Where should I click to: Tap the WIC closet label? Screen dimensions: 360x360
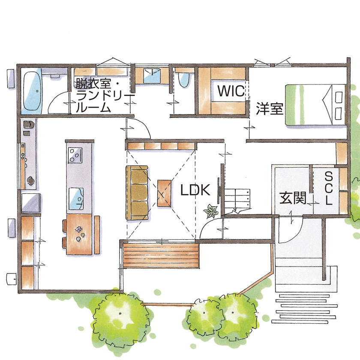point(230,91)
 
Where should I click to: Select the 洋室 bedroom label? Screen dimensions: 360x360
point(270,108)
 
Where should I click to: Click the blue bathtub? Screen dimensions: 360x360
point(32,90)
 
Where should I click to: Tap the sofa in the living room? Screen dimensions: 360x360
point(137,193)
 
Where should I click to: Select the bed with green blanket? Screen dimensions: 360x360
point(315,105)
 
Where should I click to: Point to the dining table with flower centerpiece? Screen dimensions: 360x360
point(80,232)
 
